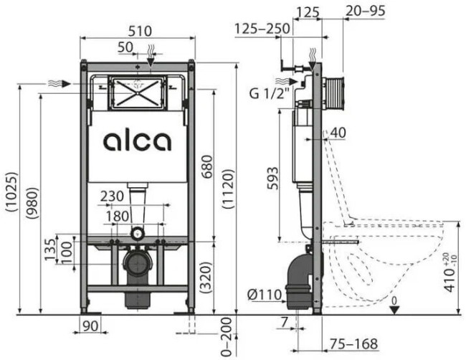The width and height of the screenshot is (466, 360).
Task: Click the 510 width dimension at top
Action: (137, 31)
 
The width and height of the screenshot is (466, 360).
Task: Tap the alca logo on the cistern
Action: (137, 141)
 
